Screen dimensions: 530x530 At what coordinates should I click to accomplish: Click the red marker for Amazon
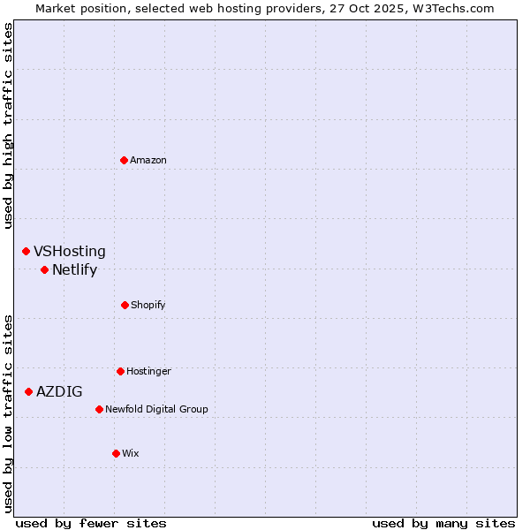click(x=124, y=160)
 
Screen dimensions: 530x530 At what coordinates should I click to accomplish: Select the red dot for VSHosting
click(x=26, y=252)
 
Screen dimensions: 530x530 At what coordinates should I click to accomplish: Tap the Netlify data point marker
click(x=44, y=269)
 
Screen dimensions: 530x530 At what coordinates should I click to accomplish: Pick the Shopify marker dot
click(x=125, y=305)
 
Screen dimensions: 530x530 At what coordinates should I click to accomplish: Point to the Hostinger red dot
click(x=120, y=371)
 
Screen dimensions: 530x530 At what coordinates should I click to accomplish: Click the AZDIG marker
click(x=28, y=391)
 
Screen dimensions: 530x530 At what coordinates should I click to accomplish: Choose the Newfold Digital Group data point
click(x=99, y=409)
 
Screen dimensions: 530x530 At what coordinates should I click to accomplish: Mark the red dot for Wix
click(x=116, y=453)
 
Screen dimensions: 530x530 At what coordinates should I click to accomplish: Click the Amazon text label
click(x=148, y=160)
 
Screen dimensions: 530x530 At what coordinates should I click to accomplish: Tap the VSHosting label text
click(x=70, y=252)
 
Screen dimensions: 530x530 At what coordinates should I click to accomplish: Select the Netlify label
click(x=74, y=270)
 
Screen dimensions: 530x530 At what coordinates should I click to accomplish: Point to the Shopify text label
click(x=148, y=305)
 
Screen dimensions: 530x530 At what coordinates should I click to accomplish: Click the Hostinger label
click(x=148, y=371)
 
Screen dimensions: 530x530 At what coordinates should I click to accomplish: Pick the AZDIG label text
click(x=59, y=391)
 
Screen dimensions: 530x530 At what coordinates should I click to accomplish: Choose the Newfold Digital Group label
click(x=156, y=409)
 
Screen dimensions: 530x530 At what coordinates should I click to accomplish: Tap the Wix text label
click(x=131, y=453)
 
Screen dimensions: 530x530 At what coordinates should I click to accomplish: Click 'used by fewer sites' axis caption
click(x=91, y=523)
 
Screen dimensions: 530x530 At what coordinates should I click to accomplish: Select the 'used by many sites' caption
click(x=443, y=523)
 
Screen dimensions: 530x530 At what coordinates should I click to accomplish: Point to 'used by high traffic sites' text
click(x=8, y=125)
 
